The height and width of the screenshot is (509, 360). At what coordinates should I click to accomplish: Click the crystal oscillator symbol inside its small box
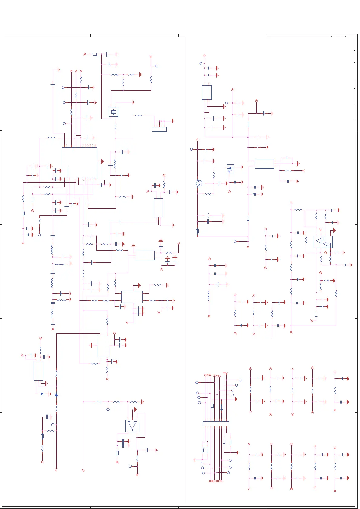click(x=113, y=112)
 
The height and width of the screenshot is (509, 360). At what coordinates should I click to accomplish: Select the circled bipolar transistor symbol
click(x=199, y=183)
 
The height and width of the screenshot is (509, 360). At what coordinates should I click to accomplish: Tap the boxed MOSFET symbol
click(x=231, y=169)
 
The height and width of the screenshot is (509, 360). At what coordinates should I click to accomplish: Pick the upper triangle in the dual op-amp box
click(x=319, y=241)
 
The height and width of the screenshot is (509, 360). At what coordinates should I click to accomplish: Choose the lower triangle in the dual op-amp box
click(x=326, y=244)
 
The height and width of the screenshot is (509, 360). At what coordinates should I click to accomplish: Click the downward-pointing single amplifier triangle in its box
click(x=132, y=426)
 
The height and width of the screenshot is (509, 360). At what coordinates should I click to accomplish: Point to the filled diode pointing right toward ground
click(x=42, y=394)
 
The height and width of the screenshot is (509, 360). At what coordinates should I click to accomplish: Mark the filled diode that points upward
click(x=56, y=395)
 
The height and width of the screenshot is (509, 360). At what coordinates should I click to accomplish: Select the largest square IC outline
click(x=80, y=162)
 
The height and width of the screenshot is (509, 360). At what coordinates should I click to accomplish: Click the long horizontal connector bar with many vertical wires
click(x=216, y=424)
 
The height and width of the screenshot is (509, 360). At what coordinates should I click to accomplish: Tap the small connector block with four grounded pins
click(x=159, y=129)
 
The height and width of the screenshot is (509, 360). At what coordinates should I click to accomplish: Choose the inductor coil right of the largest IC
click(x=115, y=164)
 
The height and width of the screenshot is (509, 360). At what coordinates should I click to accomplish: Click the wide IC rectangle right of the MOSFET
click(x=264, y=164)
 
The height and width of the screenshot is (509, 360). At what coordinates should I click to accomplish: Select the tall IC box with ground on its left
click(x=104, y=346)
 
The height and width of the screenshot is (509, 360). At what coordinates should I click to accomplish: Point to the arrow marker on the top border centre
click(x=179, y=36)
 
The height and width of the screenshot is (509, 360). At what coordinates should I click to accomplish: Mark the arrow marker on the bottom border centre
click(x=179, y=507)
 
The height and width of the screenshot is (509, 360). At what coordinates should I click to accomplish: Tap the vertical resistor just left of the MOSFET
click(x=214, y=175)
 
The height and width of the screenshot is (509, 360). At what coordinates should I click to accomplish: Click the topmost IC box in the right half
click(x=207, y=92)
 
